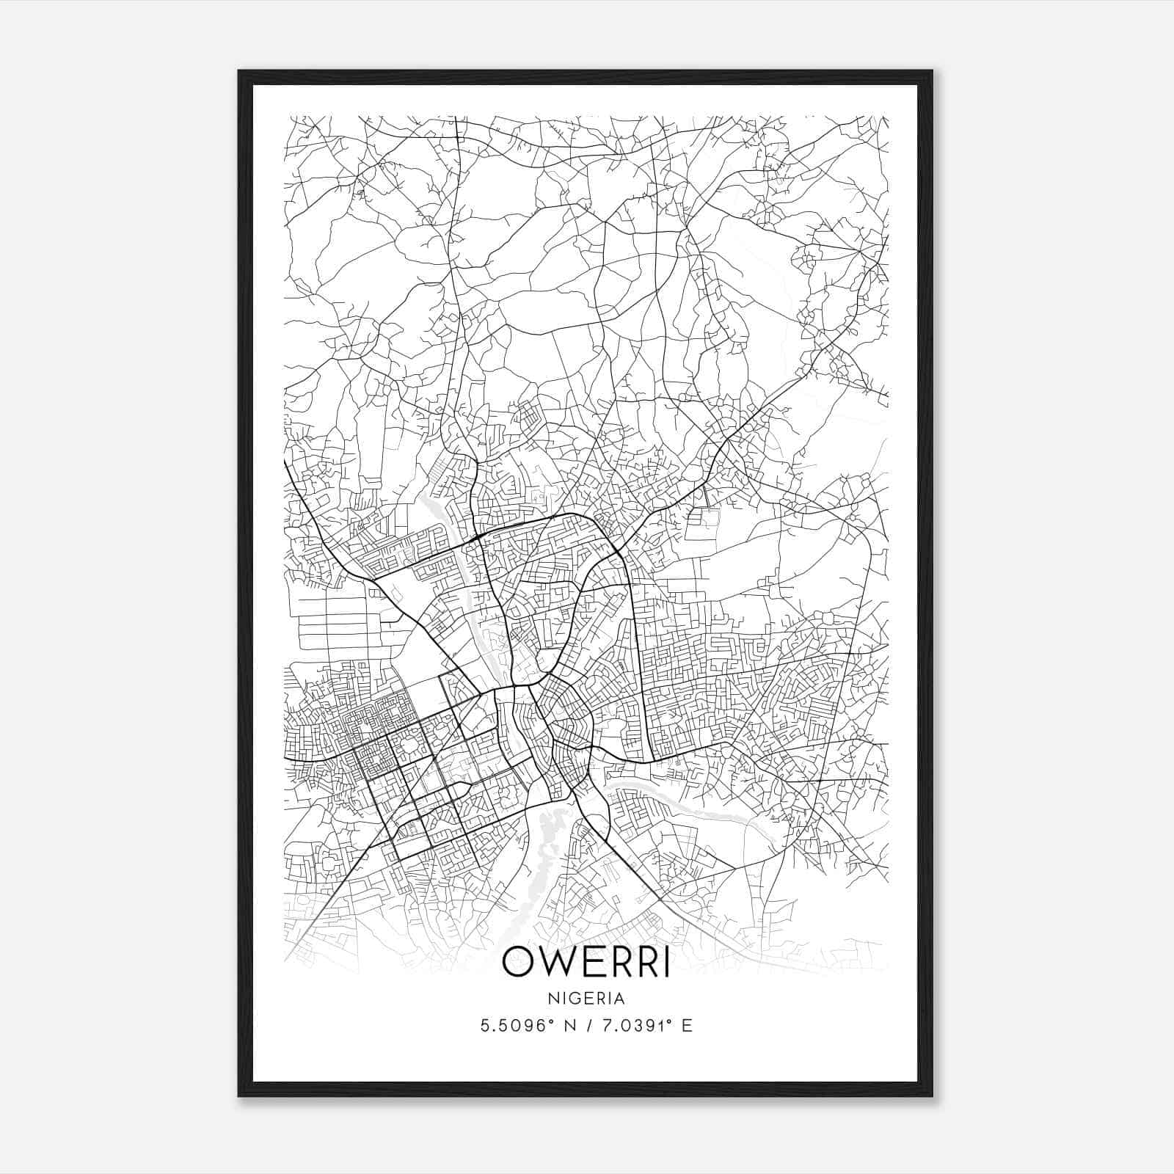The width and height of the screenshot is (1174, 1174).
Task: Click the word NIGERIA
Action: coord(586,999)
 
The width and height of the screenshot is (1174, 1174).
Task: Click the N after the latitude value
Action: coord(569,1026)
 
